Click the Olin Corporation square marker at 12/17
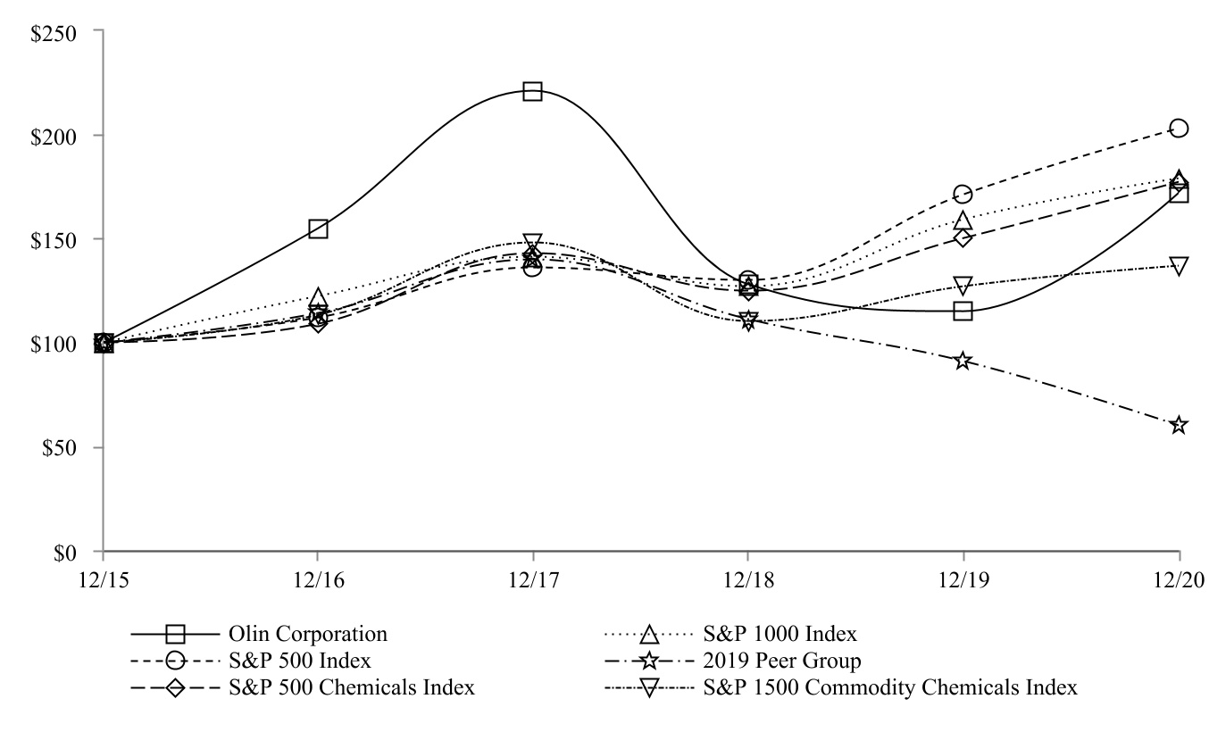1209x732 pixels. pyautogui.click(x=533, y=92)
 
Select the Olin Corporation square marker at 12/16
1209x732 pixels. pyautogui.click(x=318, y=229)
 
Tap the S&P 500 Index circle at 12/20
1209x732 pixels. pyautogui.click(x=1179, y=129)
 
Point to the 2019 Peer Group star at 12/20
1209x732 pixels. pyautogui.click(x=1179, y=425)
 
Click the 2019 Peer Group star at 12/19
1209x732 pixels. pyautogui.click(x=963, y=361)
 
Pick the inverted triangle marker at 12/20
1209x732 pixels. pyautogui.click(x=1179, y=266)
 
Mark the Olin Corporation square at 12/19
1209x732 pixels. pyautogui.click(x=963, y=312)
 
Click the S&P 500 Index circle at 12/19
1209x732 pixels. pyautogui.click(x=963, y=194)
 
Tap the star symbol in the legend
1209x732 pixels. pyautogui.click(x=650, y=661)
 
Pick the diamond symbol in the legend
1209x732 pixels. pyautogui.click(x=175, y=688)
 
